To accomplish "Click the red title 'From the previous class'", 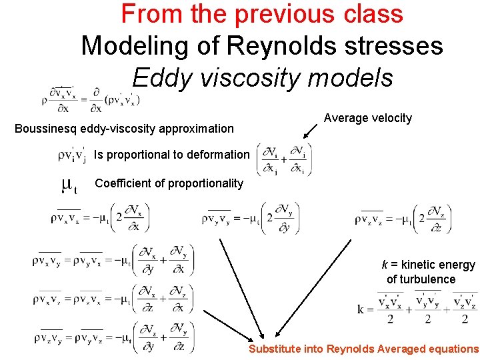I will [262, 14].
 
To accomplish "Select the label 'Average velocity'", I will [367, 118].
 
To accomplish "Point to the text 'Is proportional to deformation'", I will [171, 155].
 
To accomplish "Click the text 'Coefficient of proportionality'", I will [169, 183].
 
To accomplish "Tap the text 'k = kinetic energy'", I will [428, 265].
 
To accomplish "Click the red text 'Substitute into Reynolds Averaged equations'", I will [363, 349].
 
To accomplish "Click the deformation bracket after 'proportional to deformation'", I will [283, 160].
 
